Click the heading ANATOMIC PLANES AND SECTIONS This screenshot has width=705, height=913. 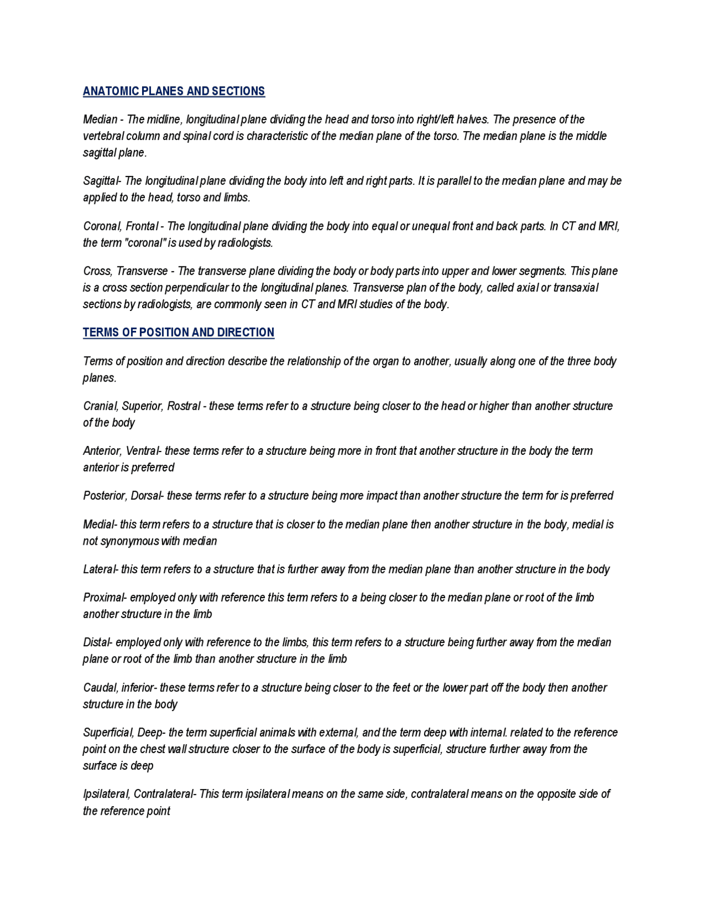click(x=173, y=91)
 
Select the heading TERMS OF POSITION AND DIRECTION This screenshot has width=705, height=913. click(x=178, y=332)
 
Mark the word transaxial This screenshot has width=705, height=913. click(x=576, y=288)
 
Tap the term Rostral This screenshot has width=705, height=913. click(x=183, y=406)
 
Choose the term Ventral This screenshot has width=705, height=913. click(x=142, y=451)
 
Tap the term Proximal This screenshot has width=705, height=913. click(x=104, y=598)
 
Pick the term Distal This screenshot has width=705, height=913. click(x=96, y=642)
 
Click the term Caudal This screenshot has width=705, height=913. click(x=99, y=688)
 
